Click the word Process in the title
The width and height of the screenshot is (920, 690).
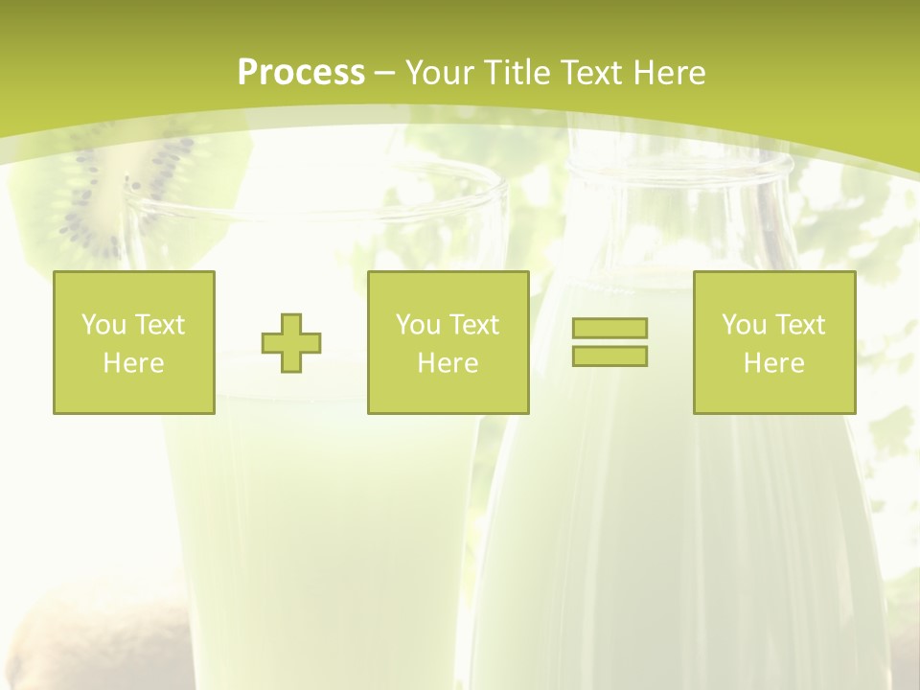click(x=301, y=73)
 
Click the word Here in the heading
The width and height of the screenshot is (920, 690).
click(x=669, y=73)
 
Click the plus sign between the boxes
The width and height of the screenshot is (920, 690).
click(x=291, y=343)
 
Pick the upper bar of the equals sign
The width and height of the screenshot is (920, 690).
click(x=609, y=328)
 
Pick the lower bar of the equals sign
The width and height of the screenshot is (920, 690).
click(x=609, y=356)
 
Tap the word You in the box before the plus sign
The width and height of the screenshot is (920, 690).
click(x=103, y=325)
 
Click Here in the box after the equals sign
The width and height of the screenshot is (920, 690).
click(x=774, y=363)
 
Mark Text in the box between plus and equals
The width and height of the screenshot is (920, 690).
click(x=474, y=325)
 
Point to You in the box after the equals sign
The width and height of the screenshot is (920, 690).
click(x=743, y=325)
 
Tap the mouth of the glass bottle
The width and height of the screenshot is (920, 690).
click(x=678, y=169)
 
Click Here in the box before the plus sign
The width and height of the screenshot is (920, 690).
click(x=134, y=363)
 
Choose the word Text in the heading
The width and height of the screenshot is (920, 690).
click(x=590, y=73)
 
